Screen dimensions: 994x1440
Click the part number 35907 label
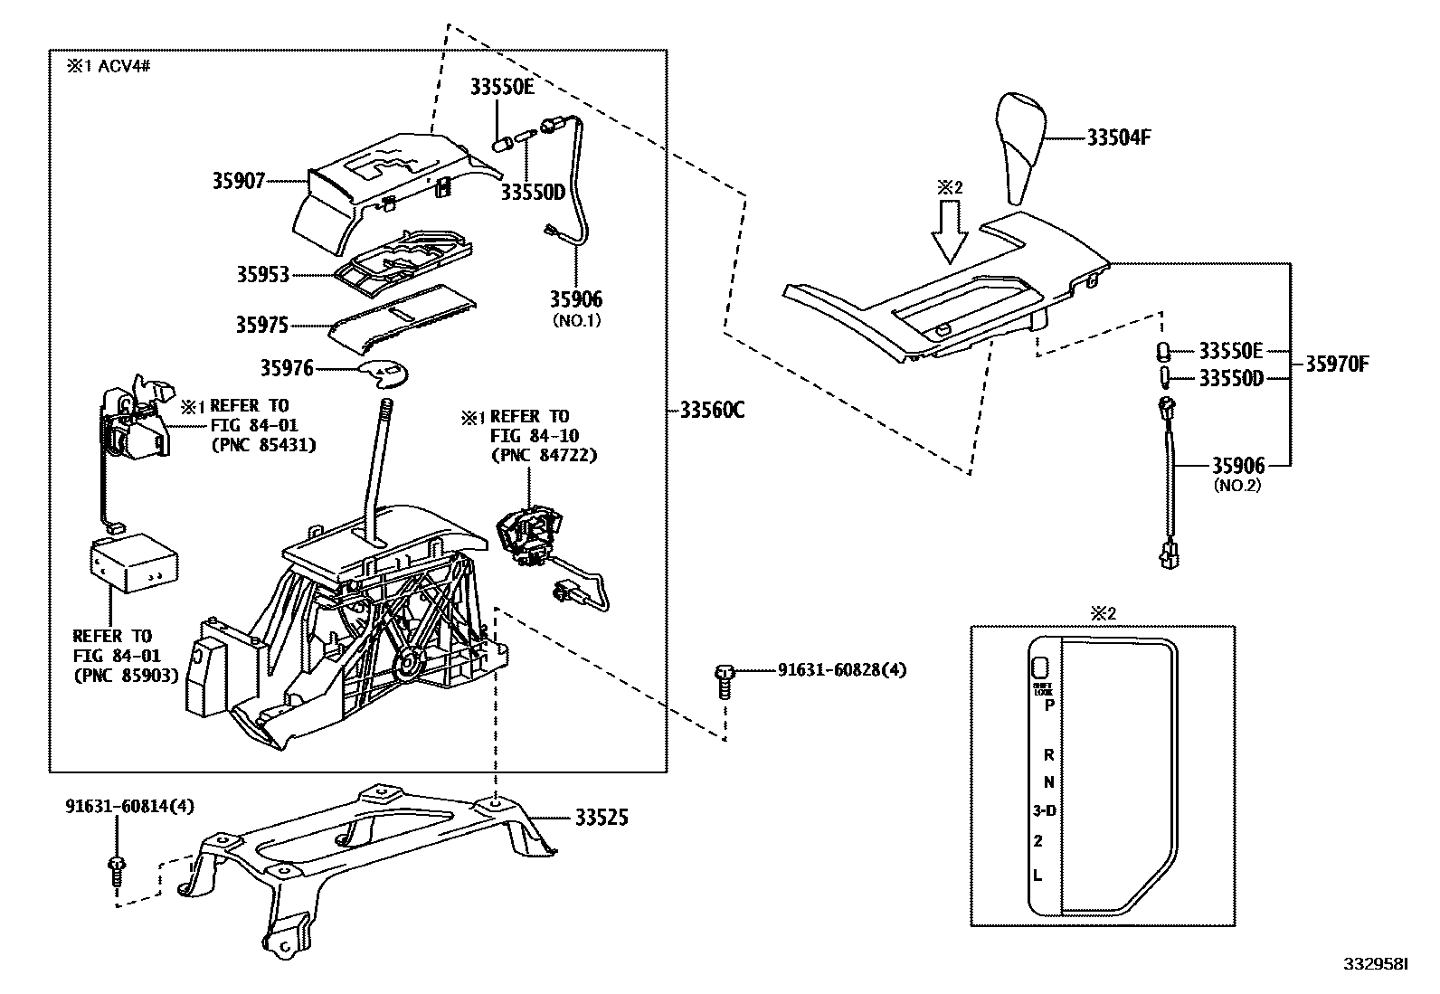pos(239,182)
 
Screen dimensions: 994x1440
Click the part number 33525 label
pos(601,819)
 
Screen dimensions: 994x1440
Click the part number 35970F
pos(1337,364)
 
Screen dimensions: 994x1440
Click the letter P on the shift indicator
pos(1049,705)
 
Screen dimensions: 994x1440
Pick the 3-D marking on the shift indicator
pos(1044,811)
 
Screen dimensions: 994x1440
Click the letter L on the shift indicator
pos(1038,875)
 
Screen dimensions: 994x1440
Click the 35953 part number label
pos(262,275)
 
